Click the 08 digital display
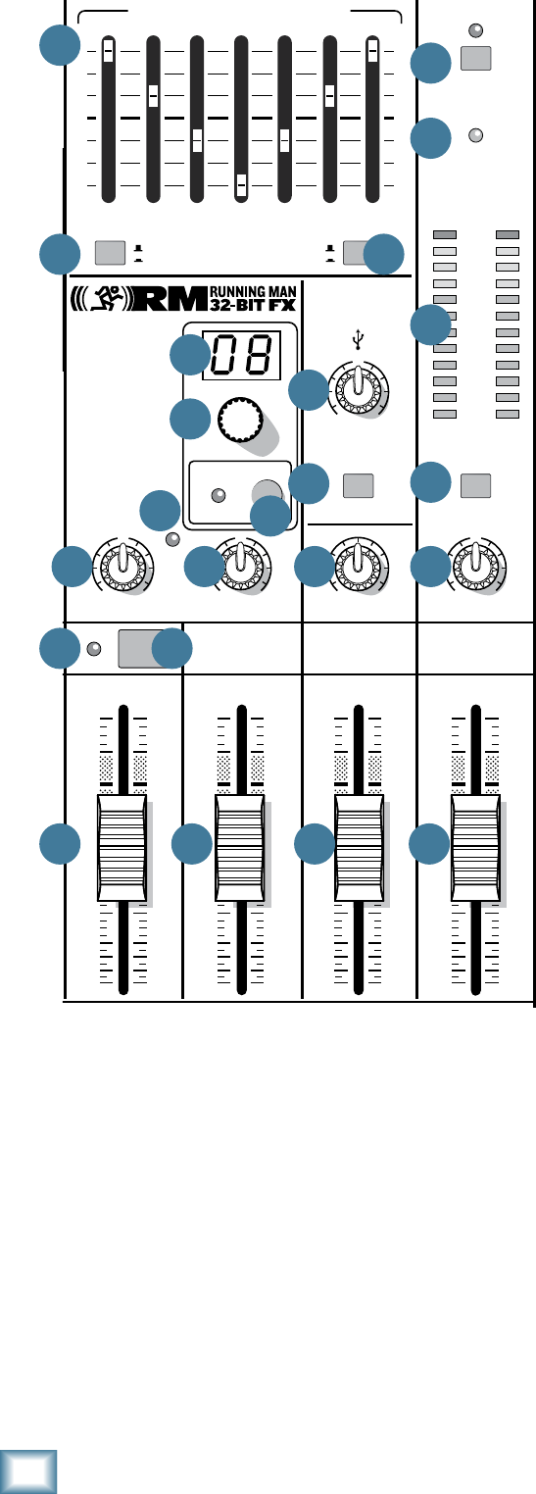click(x=241, y=355)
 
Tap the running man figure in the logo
click(x=105, y=298)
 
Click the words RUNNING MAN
click(x=253, y=291)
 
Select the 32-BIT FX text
click(x=253, y=306)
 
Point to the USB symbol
click(x=358, y=339)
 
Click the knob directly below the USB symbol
click(x=359, y=389)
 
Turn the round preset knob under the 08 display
click(x=240, y=419)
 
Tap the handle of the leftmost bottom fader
click(x=122, y=848)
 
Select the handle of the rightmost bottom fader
click(x=475, y=848)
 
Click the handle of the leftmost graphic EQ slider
click(x=108, y=51)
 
